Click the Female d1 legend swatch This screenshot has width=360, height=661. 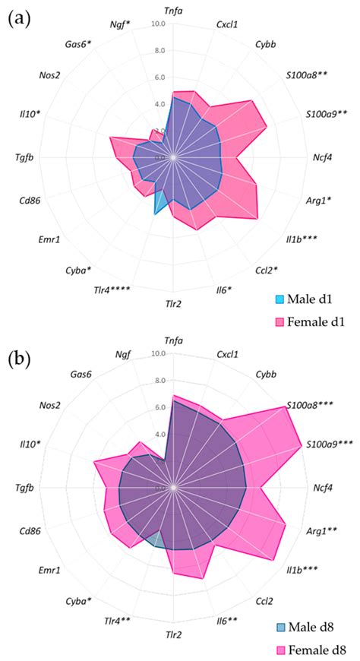point(279,321)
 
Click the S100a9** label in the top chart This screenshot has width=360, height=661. point(327,114)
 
